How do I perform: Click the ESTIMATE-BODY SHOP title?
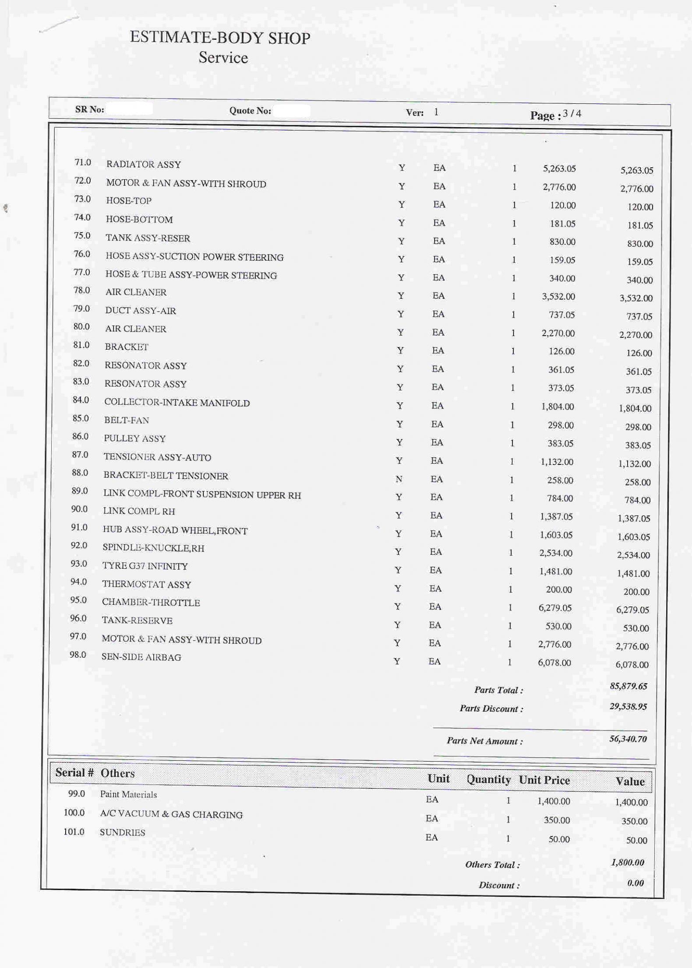pos(220,38)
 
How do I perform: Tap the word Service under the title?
pos(223,58)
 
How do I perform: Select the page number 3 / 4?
pos(572,114)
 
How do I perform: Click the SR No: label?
pos(89,110)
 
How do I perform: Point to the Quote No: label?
pos(250,111)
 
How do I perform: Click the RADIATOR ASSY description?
pos(143,165)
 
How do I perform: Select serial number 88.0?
pos(80,473)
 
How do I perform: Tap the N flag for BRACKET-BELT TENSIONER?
pos(399,479)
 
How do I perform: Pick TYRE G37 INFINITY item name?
pos(145,566)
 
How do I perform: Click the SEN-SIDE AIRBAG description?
pos(141,657)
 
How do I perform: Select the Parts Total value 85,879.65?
pos(628,686)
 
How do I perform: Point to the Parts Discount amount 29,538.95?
pos(628,706)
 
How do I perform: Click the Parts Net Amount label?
pos(484,741)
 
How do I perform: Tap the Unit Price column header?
pos(544,780)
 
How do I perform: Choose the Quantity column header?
pos(488,780)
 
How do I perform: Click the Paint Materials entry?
pos(128,794)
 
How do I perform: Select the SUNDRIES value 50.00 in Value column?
pos(636,840)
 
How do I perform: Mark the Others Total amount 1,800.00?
pos(627,862)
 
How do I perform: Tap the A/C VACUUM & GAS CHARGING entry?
pos(171,815)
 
